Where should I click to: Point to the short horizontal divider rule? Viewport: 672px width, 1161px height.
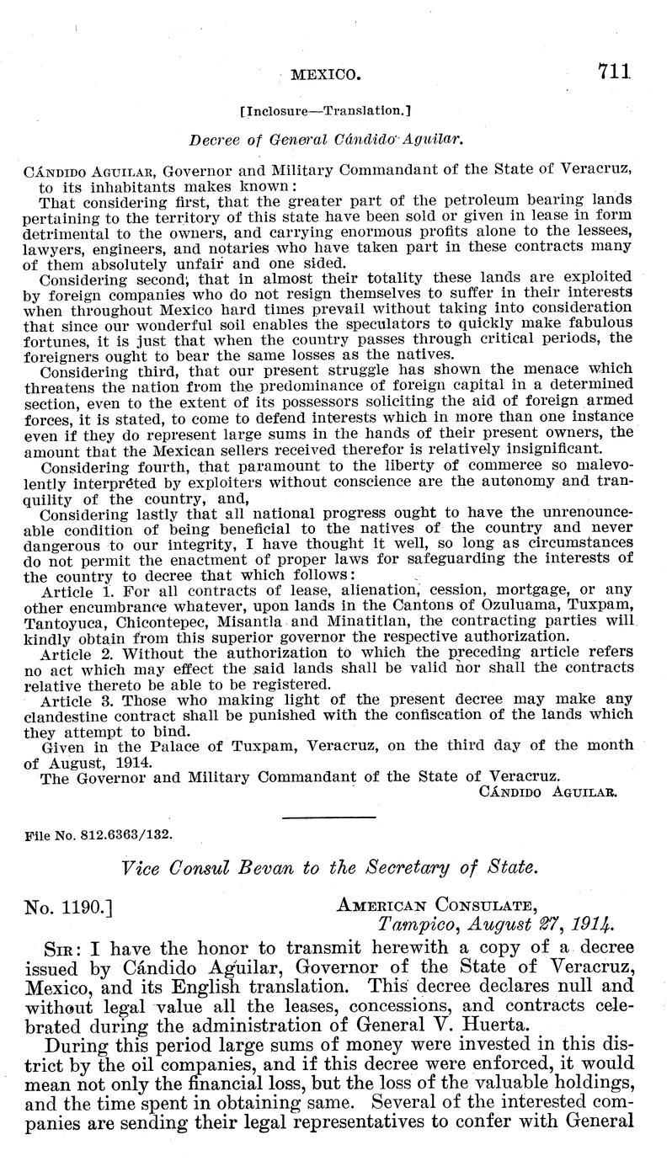pos(328,817)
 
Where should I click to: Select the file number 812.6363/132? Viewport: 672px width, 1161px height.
pos(99,839)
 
